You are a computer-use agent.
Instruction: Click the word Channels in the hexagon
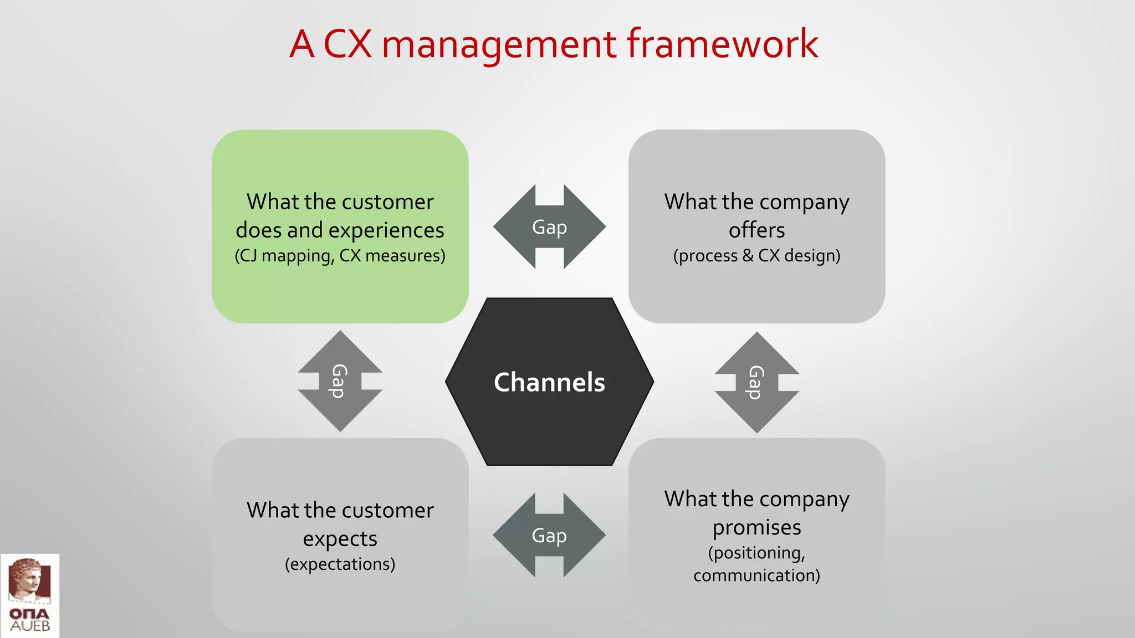tap(549, 382)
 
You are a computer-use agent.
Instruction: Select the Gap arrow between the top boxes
tap(549, 227)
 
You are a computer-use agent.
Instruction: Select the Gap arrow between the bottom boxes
tap(549, 536)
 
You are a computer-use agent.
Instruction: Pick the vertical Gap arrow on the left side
tap(340, 381)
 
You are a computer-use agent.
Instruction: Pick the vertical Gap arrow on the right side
tap(756, 382)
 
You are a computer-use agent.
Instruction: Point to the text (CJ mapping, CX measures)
tap(340, 256)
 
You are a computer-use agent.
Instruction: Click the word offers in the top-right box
tap(756, 230)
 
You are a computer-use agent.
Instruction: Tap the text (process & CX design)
tap(756, 256)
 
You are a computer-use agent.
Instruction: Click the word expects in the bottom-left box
tap(340, 539)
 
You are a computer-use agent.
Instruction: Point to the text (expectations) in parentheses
tap(340, 564)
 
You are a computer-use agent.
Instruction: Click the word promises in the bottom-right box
tap(756, 528)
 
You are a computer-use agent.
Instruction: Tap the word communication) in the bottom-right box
tap(756, 575)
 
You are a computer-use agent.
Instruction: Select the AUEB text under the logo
tap(30, 626)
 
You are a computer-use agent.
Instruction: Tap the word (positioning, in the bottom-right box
tap(756, 553)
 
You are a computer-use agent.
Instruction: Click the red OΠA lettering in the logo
tap(29, 614)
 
